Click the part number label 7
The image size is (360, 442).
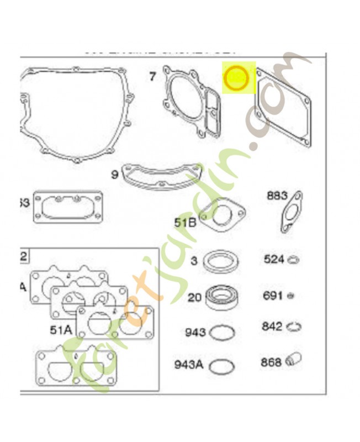point(152,77)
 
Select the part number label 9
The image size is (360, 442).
point(115,175)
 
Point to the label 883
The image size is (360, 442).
point(277,195)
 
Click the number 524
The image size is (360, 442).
point(274,259)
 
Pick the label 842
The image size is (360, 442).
point(273,327)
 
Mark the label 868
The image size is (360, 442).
point(271,362)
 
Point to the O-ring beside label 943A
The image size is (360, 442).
point(222,366)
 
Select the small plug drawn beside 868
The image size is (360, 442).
point(294,361)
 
